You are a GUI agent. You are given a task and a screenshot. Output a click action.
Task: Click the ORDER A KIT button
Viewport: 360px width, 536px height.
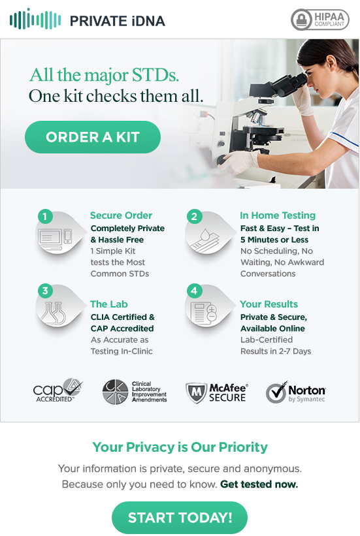click(93, 137)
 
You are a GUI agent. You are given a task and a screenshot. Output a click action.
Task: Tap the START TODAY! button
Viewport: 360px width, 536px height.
click(180, 518)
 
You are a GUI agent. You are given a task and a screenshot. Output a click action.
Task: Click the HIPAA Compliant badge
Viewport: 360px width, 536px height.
click(320, 20)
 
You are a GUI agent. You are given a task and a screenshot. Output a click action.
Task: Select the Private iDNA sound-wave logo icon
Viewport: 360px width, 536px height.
click(35, 19)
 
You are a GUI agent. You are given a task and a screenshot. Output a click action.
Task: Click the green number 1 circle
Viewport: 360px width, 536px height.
click(45, 216)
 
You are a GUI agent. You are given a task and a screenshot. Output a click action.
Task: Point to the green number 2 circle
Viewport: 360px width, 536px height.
click(194, 216)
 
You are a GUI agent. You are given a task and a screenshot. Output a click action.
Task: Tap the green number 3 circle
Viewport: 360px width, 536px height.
click(45, 291)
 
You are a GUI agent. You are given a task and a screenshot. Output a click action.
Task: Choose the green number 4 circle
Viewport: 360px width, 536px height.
click(194, 291)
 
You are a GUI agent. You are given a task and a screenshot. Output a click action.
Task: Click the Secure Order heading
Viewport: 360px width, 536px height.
click(121, 215)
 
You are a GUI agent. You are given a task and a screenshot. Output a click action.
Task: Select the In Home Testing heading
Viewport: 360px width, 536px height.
click(278, 215)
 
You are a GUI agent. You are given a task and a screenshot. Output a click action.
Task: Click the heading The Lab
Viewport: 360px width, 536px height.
click(109, 304)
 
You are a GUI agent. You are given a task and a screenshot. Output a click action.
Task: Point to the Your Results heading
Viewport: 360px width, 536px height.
click(269, 304)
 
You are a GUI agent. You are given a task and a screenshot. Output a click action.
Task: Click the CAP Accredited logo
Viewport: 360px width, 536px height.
click(57, 390)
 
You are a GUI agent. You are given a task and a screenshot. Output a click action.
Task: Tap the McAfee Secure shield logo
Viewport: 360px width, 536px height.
click(196, 393)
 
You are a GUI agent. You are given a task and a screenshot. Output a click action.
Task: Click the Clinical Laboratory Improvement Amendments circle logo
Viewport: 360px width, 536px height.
click(116, 392)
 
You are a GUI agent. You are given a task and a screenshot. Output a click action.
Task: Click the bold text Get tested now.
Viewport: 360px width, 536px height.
click(259, 484)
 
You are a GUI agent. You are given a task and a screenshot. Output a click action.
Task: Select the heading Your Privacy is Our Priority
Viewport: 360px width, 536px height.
click(180, 447)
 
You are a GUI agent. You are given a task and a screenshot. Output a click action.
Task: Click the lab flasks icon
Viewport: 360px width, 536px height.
click(52, 313)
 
